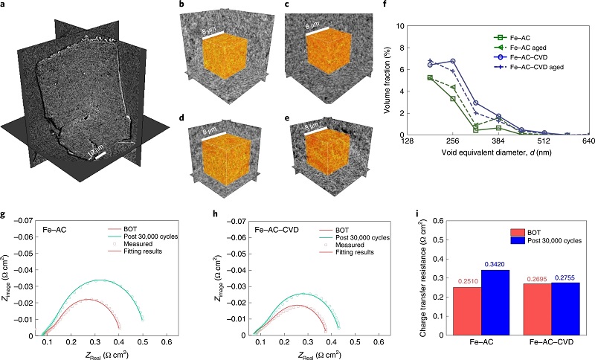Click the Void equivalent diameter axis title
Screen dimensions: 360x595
[498, 153]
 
